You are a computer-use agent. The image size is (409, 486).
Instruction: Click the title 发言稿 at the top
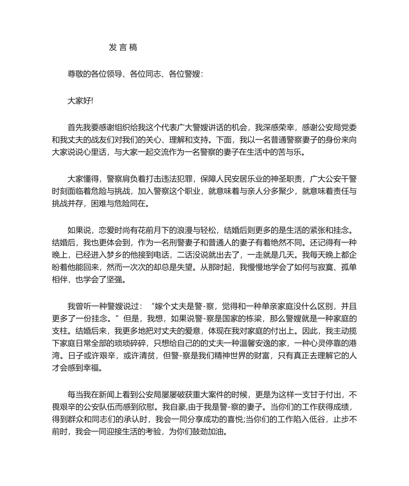pyautogui.click(x=123, y=47)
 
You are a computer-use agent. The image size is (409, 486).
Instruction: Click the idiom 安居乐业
pyautogui.click(x=244, y=179)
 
